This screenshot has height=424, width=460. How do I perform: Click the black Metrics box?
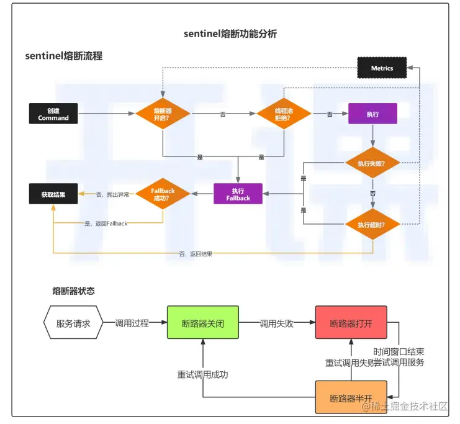[382, 68]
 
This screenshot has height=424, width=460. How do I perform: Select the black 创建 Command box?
[53, 114]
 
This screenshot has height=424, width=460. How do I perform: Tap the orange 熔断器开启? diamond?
[162, 114]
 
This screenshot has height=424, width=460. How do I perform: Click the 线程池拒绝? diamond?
[284, 114]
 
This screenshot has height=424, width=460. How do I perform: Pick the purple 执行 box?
[372, 114]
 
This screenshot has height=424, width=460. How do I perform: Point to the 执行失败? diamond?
[372, 163]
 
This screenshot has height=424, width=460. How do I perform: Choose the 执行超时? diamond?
[372, 225]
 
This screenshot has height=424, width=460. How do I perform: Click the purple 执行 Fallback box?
[238, 194]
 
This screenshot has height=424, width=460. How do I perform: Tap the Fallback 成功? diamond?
[163, 194]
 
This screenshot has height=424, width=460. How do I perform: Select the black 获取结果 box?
[53, 194]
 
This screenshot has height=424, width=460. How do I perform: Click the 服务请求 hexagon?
[73, 323]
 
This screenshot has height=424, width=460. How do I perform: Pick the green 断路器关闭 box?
[203, 323]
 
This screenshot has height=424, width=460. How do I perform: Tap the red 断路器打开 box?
[351, 323]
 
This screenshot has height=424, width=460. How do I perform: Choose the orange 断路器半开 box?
[351, 397]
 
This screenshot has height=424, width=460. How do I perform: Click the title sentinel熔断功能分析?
[230, 34]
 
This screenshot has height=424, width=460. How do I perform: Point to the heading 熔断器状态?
[73, 291]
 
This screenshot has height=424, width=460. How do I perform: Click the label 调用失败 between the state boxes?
[276, 323]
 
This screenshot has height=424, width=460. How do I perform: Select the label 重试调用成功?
[202, 374]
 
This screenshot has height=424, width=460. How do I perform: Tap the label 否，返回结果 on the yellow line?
[195, 254]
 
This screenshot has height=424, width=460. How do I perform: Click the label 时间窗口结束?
[399, 351]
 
